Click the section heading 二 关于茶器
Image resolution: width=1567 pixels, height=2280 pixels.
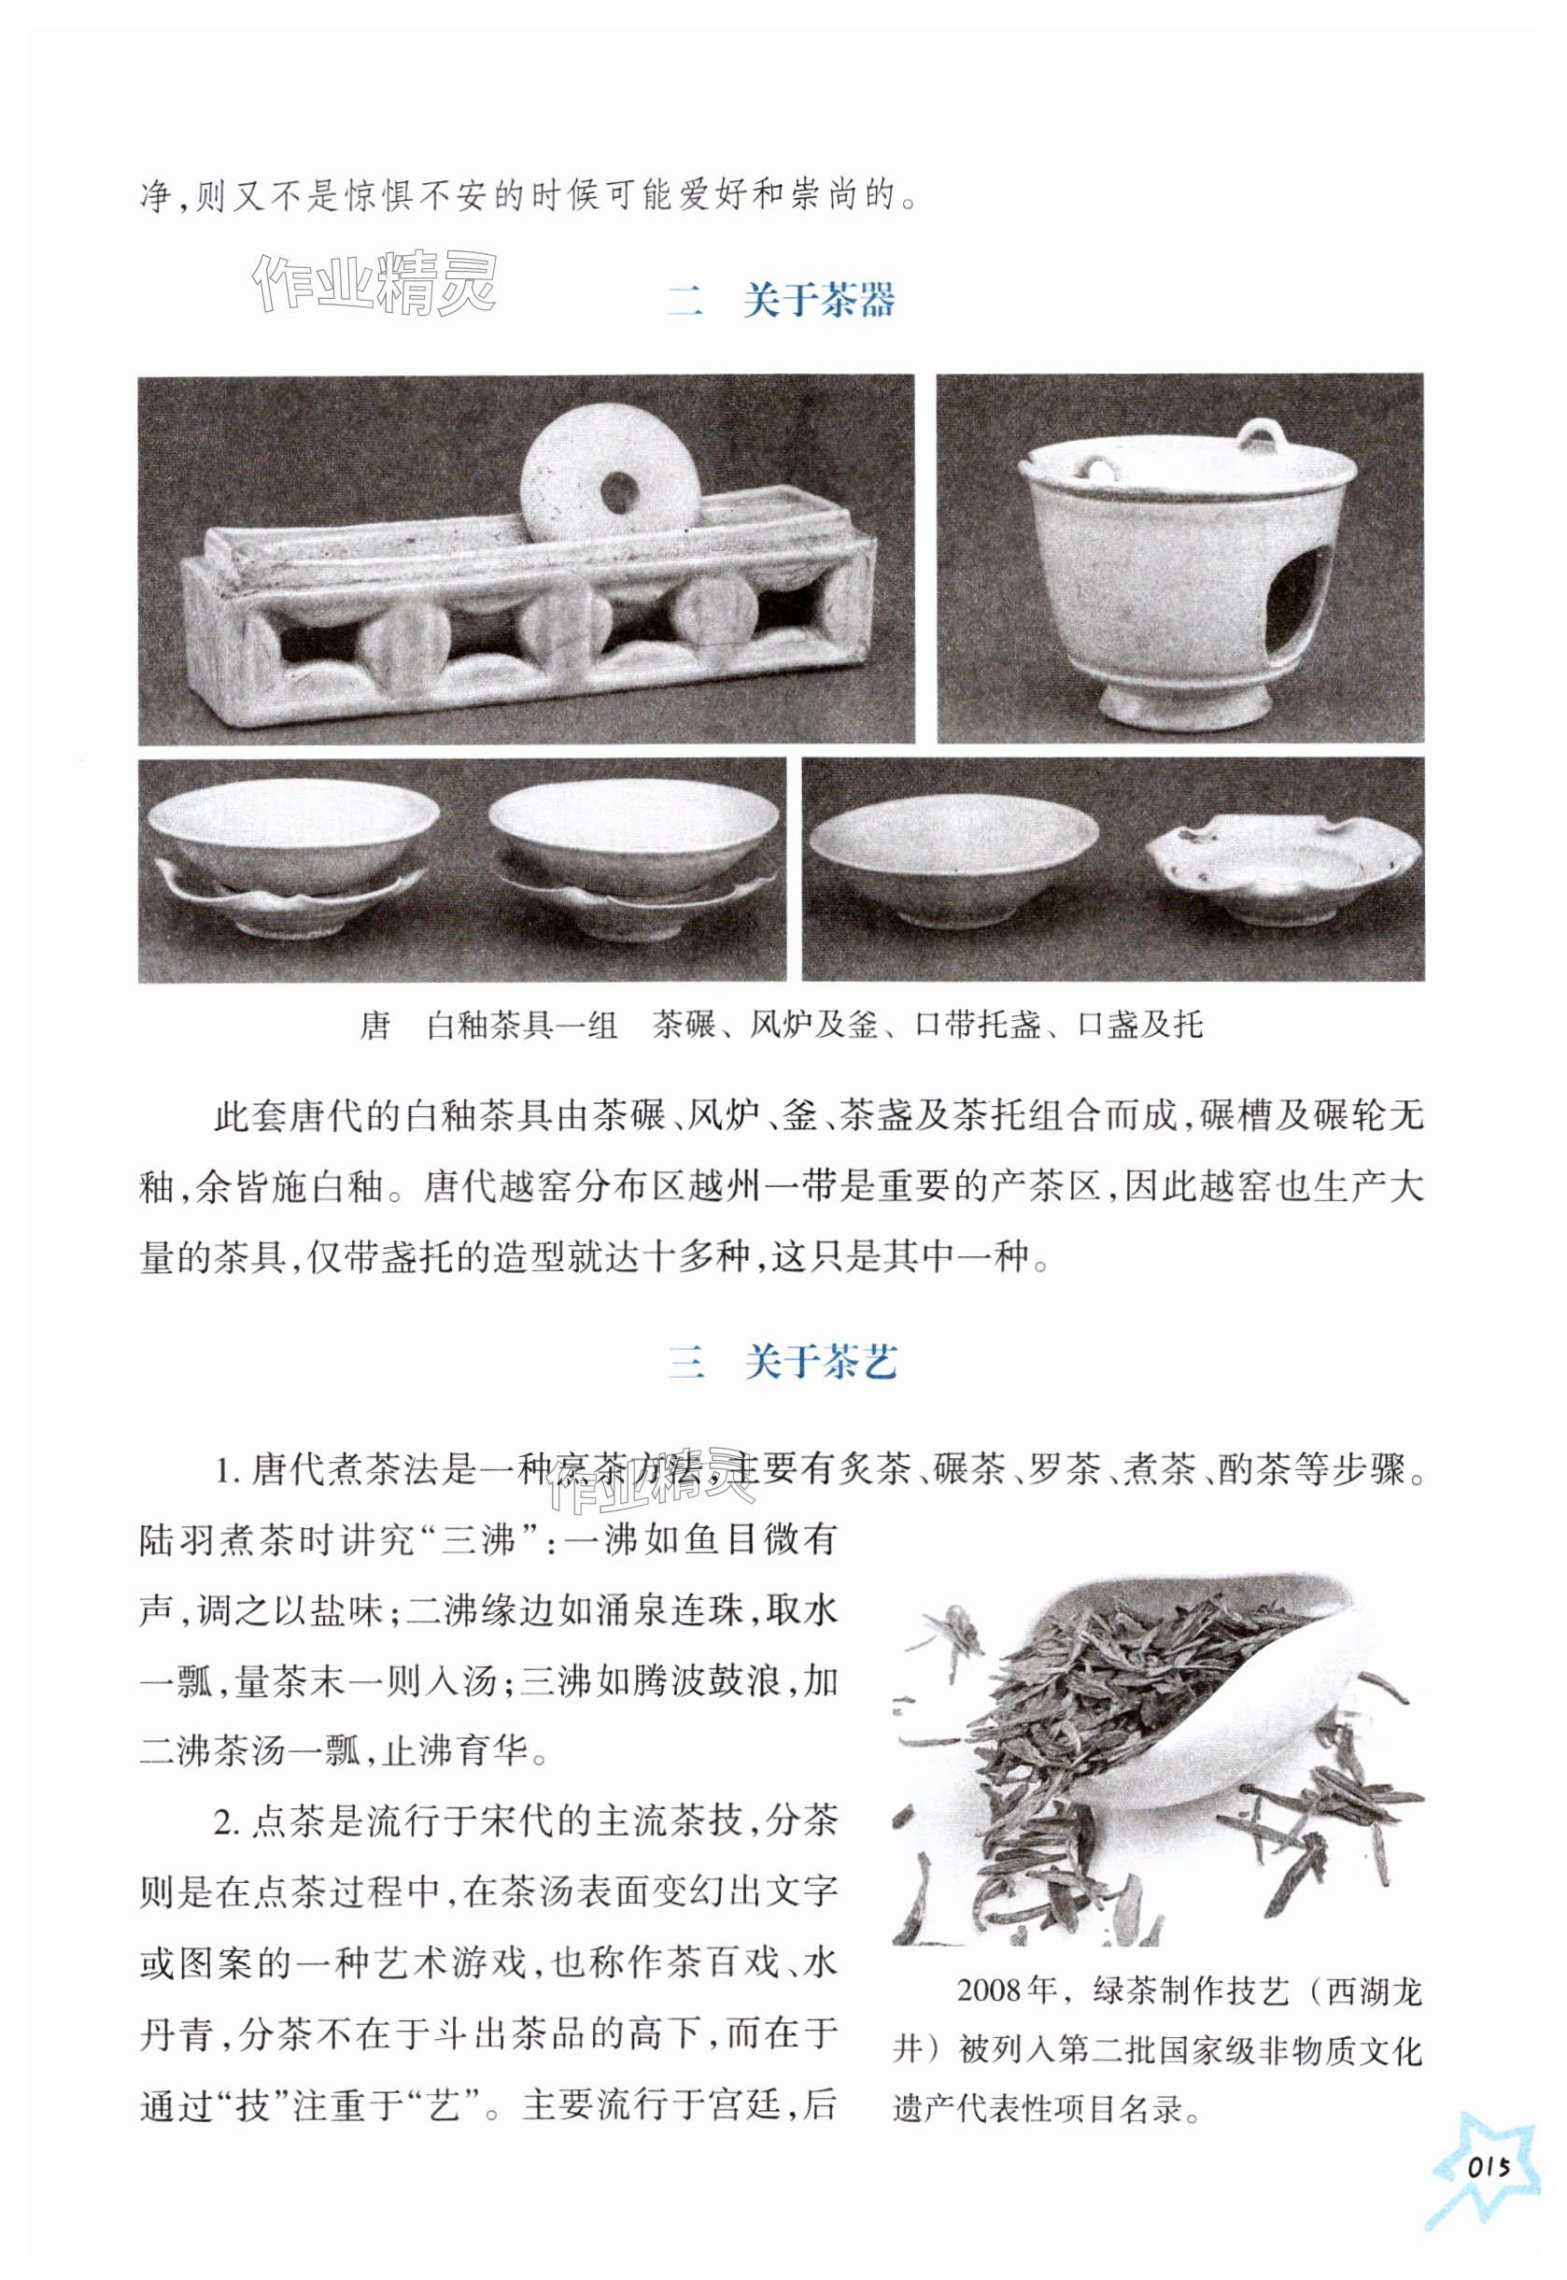782,300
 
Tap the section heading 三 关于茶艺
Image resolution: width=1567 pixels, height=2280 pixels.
782,1361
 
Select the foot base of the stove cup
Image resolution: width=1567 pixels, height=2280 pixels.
1182,703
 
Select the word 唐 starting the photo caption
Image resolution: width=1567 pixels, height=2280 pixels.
375,1027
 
